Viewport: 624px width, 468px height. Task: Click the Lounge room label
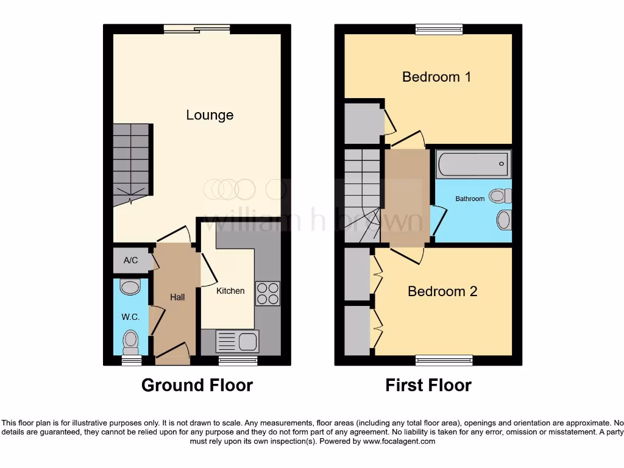[x=210, y=115]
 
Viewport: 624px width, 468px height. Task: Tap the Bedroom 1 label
[x=436, y=77]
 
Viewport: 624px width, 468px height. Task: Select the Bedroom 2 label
[x=442, y=291]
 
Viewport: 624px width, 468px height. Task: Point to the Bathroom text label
[x=470, y=199]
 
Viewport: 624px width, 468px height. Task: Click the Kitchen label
[x=230, y=291]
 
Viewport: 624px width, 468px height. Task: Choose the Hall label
[x=177, y=297]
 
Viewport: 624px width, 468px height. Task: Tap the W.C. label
[x=131, y=317]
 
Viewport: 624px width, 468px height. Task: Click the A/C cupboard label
[x=130, y=260]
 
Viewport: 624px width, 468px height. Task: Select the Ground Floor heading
[x=197, y=385]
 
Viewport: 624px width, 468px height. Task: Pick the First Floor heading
[x=428, y=385]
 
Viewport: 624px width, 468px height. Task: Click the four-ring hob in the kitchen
[x=268, y=294]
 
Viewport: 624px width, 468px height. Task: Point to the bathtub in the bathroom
[x=473, y=164]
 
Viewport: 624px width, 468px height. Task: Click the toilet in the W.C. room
[x=130, y=342]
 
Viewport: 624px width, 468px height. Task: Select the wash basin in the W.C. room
[x=130, y=286]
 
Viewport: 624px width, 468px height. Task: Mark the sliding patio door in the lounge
[x=196, y=28]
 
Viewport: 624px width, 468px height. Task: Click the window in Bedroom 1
[x=439, y=28]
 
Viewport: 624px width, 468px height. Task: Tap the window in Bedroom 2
[x=444, y=361]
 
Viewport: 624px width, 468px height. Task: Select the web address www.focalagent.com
[x=399, y=441]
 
